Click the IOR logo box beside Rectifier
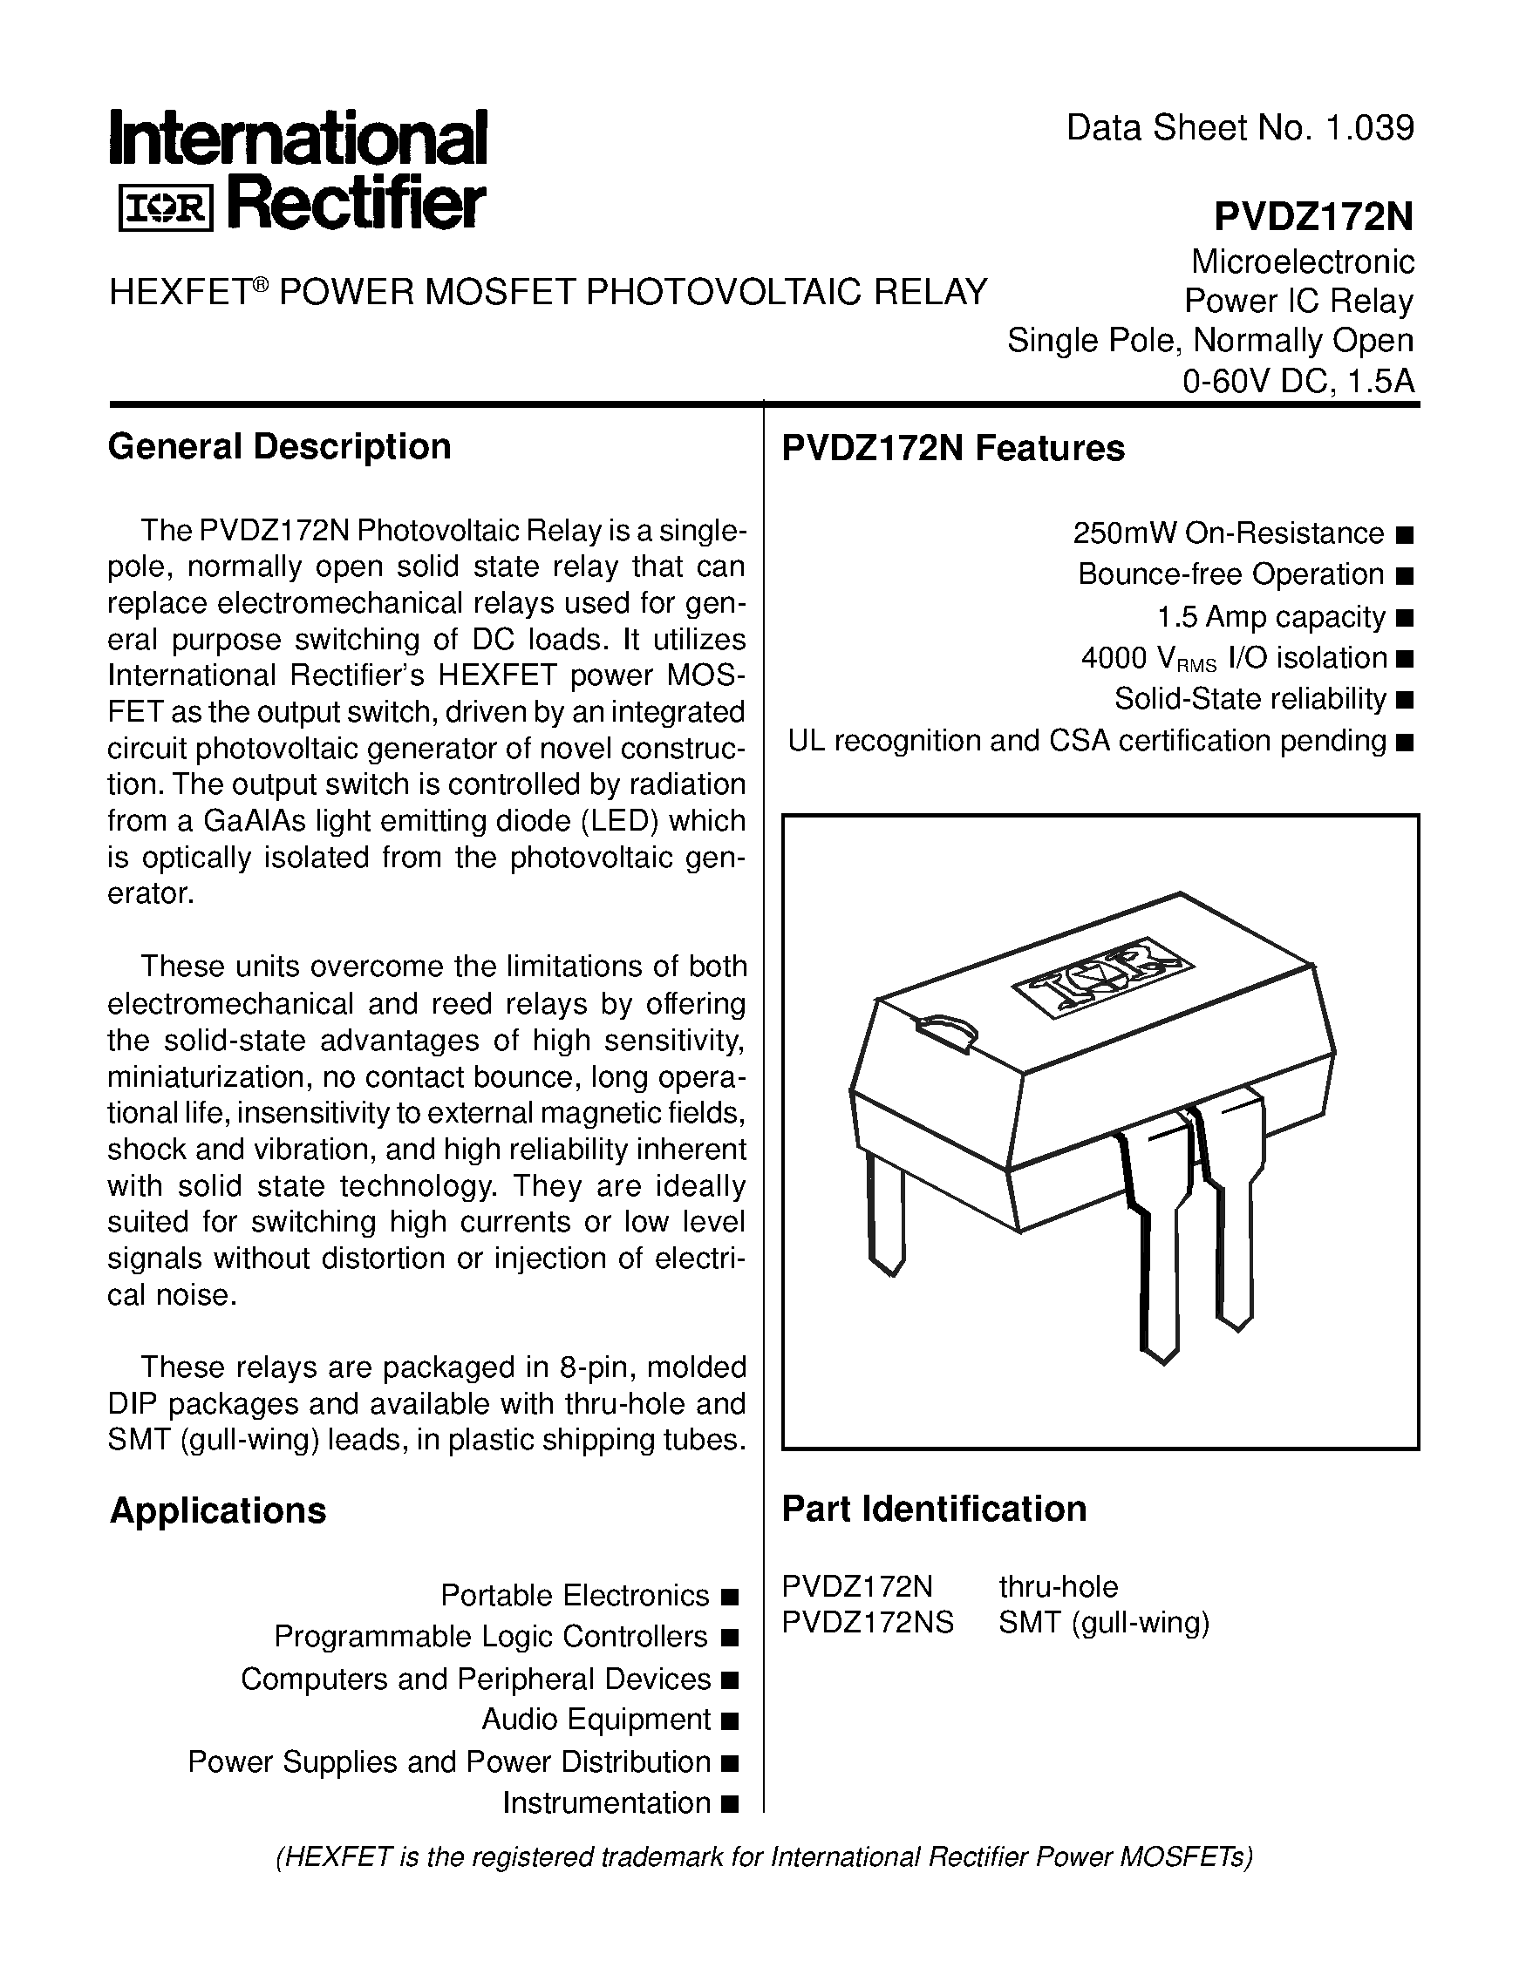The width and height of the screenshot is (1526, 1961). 166,210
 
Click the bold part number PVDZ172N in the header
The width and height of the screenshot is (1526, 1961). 1313,216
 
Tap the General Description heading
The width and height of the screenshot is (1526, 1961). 279,447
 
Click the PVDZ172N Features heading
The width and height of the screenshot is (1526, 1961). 953,448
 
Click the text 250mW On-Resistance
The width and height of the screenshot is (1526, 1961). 1229,533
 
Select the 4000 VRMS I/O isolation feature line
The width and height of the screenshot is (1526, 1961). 1235,659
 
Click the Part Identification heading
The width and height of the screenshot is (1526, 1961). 934,1510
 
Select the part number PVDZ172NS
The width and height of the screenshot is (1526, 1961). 868,1623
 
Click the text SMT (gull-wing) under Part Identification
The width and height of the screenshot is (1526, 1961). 1104,1623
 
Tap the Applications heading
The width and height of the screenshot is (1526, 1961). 218,1511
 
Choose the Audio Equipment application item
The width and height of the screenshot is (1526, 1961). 596,1720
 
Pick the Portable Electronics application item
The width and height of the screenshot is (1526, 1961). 575,1596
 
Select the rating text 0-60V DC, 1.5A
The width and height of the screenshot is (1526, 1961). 1298,382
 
